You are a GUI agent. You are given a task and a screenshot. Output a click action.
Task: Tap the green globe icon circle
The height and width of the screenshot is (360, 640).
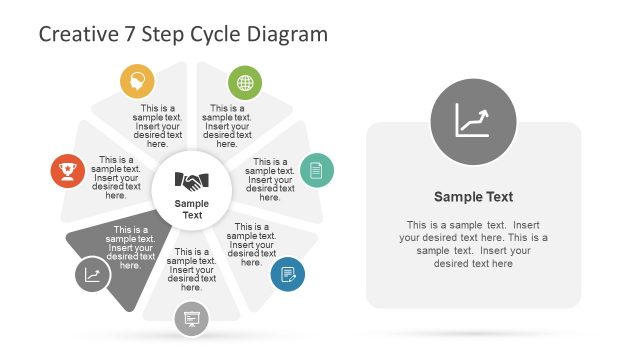coord(244,81)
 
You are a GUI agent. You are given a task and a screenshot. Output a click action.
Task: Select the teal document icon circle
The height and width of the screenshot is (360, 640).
coord(316,169)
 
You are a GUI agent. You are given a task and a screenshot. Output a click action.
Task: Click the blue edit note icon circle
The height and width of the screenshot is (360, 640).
coord(288,274)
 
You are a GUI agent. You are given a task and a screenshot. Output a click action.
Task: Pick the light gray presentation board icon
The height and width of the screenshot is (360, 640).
coord(191,319)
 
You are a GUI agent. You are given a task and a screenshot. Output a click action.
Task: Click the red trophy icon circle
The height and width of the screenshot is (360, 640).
coord(68,170)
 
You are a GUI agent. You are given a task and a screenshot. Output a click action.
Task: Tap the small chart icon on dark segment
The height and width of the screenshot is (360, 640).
coord(92,274)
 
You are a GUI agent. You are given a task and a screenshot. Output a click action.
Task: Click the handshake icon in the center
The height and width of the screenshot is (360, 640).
coord(192,181)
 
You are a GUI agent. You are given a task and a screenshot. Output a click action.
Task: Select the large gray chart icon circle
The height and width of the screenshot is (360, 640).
coord(473,122)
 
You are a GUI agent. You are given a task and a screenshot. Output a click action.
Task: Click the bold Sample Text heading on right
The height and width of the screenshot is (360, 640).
coord(473,197)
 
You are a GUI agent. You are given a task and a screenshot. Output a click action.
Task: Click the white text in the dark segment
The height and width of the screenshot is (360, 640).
coord(130,248)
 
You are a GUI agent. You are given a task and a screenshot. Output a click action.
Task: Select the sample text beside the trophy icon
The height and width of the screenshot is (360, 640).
coord(117,174)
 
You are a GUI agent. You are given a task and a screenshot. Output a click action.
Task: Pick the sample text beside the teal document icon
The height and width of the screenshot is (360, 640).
coord(270,179)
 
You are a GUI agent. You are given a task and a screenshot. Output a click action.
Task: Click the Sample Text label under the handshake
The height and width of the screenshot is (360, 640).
coord(192,210)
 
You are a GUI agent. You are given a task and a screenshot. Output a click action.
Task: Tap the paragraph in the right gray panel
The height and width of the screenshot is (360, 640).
coord(473,244)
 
